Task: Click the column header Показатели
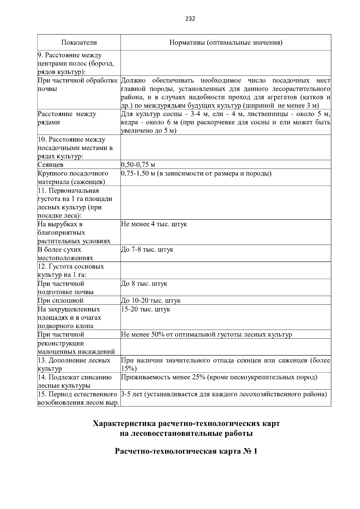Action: (x=79, y=43)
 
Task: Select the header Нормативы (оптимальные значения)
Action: (x=226, y=43)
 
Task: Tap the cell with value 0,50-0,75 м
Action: (x=138, y=165)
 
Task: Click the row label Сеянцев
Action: (x=50, y=165)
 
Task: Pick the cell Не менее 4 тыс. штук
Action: (x=154, y=224)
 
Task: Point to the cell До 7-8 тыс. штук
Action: (x=147, y=250)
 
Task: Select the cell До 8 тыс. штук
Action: (x=144, y=283)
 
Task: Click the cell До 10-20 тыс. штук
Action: (x=151, y=301)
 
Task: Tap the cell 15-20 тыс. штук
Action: (x=145, y=309)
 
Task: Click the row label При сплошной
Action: (x=61, y=301)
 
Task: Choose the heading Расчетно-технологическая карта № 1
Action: (x=186, y=451)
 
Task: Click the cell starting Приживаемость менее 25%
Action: (x=219, y=377)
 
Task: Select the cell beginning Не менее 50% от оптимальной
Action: (x=206, y=334)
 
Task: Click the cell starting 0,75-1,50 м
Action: (x=196, y=173)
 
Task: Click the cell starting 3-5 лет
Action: (x=224, y=394)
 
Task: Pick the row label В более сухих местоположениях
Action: (x=65, y=254)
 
